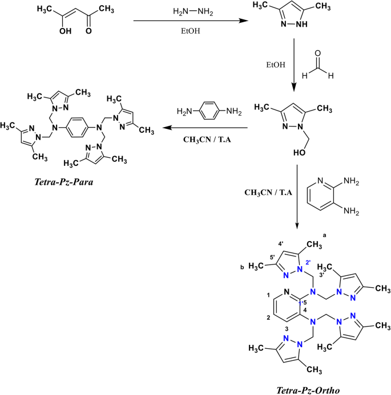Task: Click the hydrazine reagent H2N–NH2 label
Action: pos(186,11)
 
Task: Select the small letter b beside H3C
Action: pos(243,266)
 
